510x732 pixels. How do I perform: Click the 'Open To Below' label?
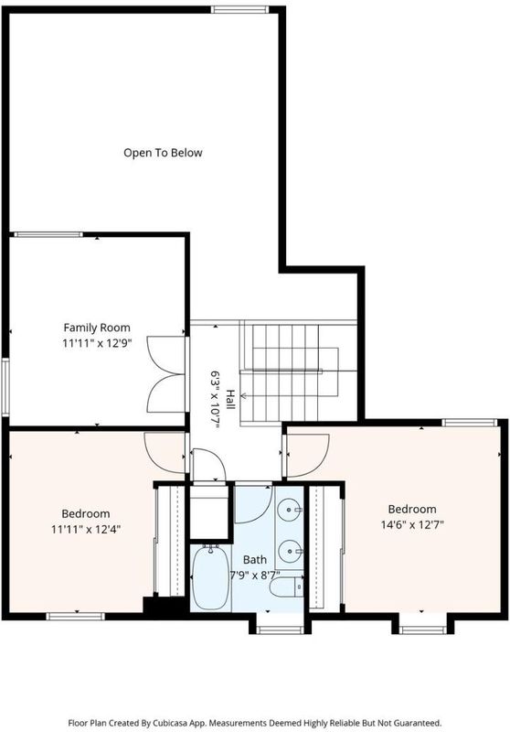coord(163,153)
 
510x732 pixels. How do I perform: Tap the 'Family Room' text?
coord(97,328)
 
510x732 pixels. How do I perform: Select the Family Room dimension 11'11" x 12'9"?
coord(98,344)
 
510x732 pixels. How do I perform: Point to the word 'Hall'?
coord(230,400)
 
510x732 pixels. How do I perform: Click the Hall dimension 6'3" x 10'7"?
coord(215,400)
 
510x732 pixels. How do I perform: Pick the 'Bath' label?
coord(255,559)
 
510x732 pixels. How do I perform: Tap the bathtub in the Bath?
coord(211,577)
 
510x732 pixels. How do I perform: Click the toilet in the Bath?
coord(286,587)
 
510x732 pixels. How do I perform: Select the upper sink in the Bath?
coord(290,509)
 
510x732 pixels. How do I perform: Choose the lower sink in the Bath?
coord(290,552)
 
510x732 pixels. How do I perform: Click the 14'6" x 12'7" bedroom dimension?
coord(412,524)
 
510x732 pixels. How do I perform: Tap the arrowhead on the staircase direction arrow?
coord(243,396)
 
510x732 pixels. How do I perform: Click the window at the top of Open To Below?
coord(239,9)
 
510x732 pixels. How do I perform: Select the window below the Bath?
coord(281,630)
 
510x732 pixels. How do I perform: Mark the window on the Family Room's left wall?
coord(5,387)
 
